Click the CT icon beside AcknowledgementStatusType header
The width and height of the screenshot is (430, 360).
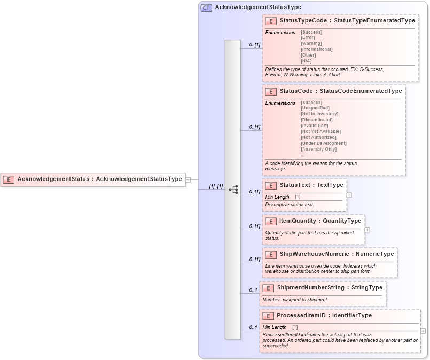(x=206, y=7)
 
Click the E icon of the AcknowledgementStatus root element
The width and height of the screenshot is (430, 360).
(x=9, y=179)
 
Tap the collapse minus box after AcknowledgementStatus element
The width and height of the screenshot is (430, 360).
(x=188, y=180)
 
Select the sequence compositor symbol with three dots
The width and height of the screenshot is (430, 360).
(x=233, y=189)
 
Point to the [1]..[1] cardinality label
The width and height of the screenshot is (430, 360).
(x=216, y=186)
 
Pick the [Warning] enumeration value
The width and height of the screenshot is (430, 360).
(x=311, y=43)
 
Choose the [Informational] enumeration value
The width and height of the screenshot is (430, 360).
(x=317, y=49)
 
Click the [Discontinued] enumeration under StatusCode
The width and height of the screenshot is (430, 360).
(x=317, y=120)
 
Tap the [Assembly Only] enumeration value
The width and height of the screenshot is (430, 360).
(x=318, y=149)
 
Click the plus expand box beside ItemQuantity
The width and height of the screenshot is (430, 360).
(x=367, y=230)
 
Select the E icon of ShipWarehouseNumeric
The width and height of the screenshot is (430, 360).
(x=270, y=254)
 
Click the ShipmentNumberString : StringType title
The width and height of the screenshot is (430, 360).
(x=330, y=288)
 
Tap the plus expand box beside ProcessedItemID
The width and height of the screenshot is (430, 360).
(x=423, y=331)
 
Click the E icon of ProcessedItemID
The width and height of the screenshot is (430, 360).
(x=268, y=316)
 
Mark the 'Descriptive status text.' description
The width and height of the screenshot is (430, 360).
(x=290, y=205)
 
